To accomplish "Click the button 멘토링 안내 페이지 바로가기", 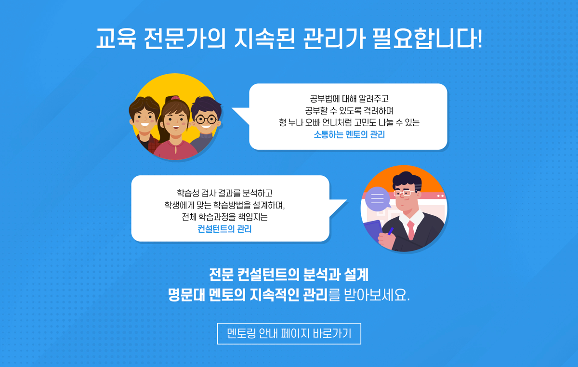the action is click(x=289, y=333).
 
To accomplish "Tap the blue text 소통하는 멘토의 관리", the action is click(x=349, y=134).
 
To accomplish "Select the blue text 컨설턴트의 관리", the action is click(x=224, y=229).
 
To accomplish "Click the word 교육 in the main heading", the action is click(x=116, y=38).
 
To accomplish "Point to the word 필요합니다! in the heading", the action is click(x=427, y=38).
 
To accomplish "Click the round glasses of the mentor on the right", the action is click(x=206, y=119).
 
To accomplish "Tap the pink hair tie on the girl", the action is click(x=175, y=98).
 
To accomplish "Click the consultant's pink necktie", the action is click(x=411, y=230).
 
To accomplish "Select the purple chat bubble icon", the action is click(x=378, y=199).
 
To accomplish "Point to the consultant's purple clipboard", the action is click(x=373, y=231).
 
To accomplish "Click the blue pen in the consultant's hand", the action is click(x=391, y=231).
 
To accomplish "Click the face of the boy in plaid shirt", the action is click(x=144, y=118).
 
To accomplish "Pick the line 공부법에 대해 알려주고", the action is click(x=349, y=99).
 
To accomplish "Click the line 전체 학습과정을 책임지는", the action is click(x=224, y=217).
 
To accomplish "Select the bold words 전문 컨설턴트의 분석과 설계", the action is click(x=289, y=275).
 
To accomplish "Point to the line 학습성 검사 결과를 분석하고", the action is click(x=224, y=193).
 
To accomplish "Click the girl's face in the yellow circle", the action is click(x=175, y=122).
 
